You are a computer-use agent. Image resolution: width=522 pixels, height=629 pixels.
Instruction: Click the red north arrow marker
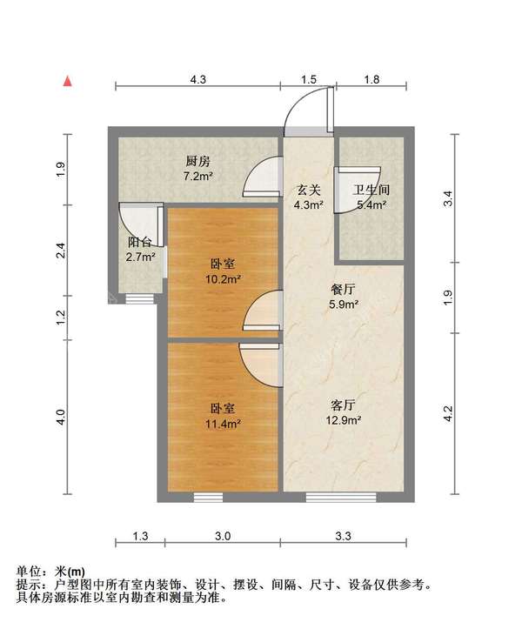(x=68, y=81)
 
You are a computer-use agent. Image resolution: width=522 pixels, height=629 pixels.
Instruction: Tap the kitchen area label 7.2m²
(x=197, y=176)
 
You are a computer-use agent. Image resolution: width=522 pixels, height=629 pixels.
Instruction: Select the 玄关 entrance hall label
(x=309, y=190)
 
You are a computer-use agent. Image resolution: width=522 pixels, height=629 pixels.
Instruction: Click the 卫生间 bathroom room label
(x=371, y=190)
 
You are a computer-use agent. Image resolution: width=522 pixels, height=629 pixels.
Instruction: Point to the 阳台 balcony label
(x=139, y=243)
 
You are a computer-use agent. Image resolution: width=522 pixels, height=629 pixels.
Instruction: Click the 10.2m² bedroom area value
(x=223, y=278)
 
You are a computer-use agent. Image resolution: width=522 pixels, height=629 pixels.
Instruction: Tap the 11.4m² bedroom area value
(x=223, y=424)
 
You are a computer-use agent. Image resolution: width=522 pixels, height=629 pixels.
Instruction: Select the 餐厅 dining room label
(x=343, y=289)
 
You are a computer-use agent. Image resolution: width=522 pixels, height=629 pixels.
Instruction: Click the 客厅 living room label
(x=343, y=405)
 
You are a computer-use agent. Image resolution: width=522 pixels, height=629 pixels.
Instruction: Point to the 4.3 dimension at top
(x=197, y=79)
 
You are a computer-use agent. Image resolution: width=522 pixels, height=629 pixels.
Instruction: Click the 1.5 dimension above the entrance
(x=309, y=79)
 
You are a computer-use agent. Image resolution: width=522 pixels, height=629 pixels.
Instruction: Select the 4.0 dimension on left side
(x=61, y=417)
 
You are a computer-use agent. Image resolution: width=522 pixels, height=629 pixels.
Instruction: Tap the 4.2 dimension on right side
(x=448, y=413)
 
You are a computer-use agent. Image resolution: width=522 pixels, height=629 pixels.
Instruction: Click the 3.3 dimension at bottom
(x=343, y=536)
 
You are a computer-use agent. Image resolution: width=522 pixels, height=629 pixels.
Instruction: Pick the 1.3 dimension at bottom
(x=140, y=536)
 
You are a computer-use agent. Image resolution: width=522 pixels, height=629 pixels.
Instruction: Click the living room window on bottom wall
(x=341, y=498)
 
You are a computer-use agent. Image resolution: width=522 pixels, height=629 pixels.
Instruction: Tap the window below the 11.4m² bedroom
(x=208, y=498)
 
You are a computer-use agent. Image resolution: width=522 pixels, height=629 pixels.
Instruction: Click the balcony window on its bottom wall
(x=139, y=299)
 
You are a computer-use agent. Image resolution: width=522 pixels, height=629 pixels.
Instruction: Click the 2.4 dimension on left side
(x=61, y=251)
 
